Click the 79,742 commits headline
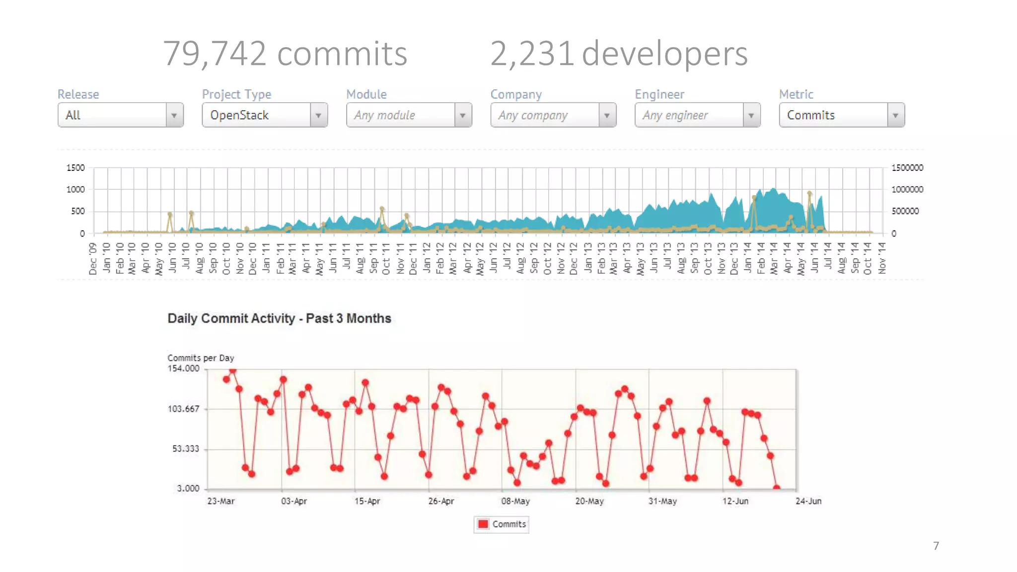[x=285, y=54]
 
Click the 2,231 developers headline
[x=619, y=54]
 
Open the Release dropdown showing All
[x=120, y=115]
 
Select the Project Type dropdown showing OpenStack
[x=264, y=115]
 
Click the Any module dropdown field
[x=409, y=115]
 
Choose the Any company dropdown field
[x=553, y=115]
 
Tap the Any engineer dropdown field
[x=697, y=115]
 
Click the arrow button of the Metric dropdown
[x=895, y=115]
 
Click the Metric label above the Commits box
[x=796, y=94]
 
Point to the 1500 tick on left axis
[x=75, y=168]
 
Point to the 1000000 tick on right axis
[x=907, y=189]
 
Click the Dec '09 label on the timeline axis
[x=92, y=259]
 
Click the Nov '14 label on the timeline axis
[x=882, y=258]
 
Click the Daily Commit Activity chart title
[x=279, y=318]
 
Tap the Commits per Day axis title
[x=201, y=358]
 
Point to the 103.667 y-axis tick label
[x=183, y=409]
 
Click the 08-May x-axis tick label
[x=515, y=501]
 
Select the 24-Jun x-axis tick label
[x=808, y=501]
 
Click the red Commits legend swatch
[x=483, y=524]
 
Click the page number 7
[x=936, y=546]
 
